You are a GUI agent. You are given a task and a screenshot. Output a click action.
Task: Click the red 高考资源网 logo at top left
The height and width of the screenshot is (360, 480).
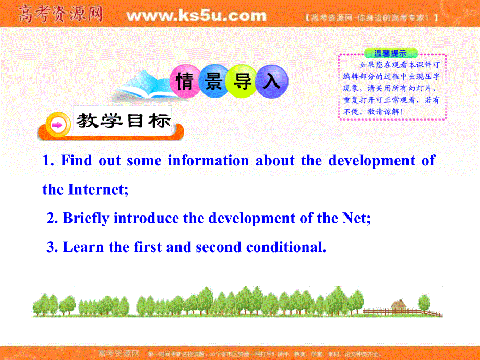click(60, 15)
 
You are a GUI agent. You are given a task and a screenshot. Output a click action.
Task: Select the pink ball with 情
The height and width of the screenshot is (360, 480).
click(185, 82)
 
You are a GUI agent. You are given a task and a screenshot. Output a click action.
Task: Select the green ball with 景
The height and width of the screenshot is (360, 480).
click(214, 82)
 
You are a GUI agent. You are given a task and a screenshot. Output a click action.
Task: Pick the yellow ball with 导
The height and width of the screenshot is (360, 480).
click(243, 82)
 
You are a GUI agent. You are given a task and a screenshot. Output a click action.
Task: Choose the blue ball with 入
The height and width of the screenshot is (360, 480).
click(272, 82)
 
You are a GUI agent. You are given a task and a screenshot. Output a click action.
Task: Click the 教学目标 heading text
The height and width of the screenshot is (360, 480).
click(123, 121)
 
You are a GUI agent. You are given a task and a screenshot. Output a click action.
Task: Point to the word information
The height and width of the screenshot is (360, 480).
click(208, 161)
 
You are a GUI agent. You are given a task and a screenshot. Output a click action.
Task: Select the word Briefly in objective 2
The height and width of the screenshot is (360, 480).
click(86, 218)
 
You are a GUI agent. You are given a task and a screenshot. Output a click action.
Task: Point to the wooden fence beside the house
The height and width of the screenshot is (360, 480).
click(423, 311)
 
